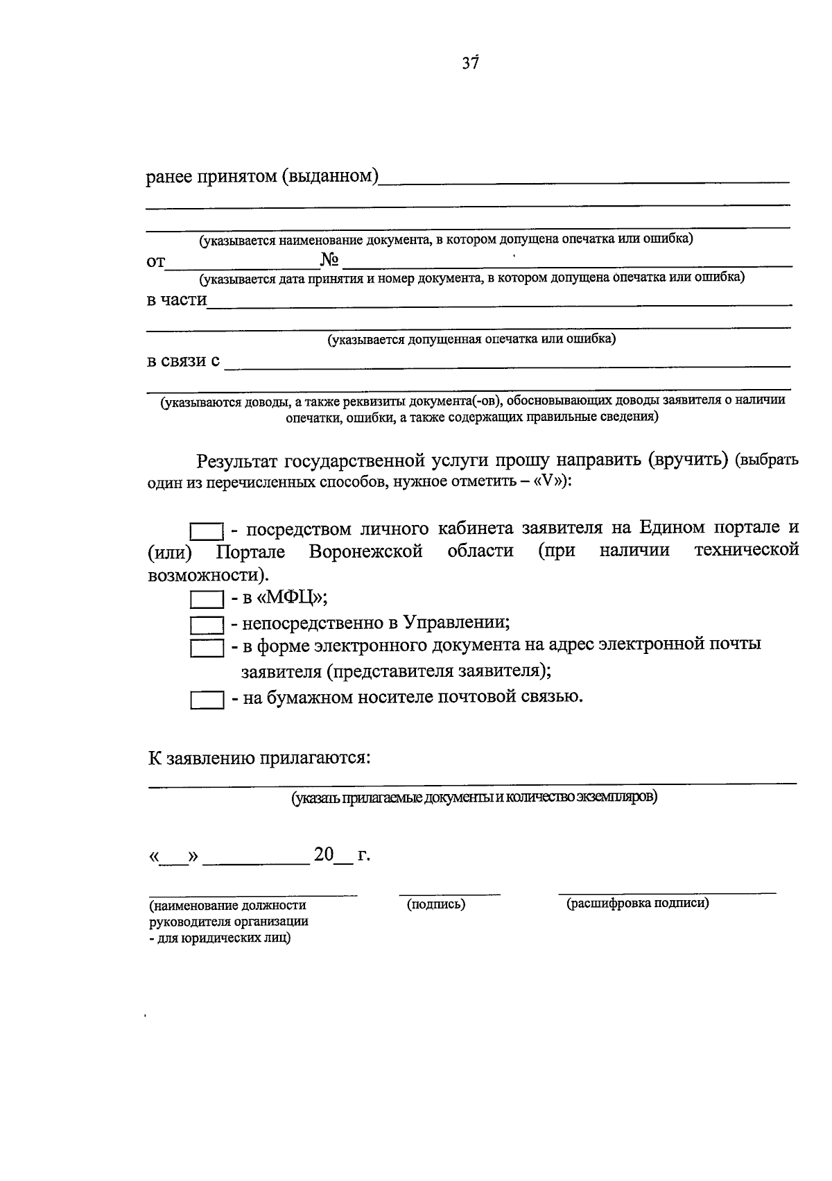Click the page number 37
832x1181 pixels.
tap(470, 63)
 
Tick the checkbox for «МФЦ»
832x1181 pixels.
tap(207, 599)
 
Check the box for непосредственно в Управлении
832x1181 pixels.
tap(207, 625)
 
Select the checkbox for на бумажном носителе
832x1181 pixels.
tap(207, 700)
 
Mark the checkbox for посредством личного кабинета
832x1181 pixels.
tap(207, 532)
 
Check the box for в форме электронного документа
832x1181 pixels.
tap(207, 648)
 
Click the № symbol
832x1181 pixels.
tap(329, 261)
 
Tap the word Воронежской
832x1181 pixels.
tap(366, 551)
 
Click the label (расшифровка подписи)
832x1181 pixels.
tap(637, 903)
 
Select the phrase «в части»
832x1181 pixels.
tap(177, 300)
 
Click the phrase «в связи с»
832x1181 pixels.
tap(183, 361)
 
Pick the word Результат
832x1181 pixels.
tap(236, 460)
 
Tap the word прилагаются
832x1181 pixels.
tap(315, 757)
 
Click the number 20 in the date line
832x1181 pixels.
tap(324, 854)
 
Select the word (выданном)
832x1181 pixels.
tap(329, 177)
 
